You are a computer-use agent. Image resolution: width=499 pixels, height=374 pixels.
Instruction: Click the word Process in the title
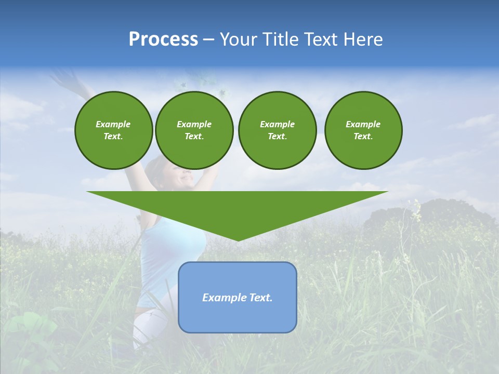point(163,39)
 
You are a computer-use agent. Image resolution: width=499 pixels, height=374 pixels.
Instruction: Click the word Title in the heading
point(279,39)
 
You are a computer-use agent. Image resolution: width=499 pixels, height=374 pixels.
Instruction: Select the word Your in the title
point(239,39)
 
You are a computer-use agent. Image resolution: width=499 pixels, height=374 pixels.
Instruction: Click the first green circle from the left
point(113,130)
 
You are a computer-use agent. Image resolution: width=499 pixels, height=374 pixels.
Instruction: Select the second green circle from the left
point(194,130)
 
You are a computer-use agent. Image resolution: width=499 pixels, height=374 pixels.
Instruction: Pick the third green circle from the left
point(277,130)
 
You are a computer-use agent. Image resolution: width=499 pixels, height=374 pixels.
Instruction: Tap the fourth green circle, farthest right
point(363,130)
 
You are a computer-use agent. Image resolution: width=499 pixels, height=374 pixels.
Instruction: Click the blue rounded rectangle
point(237,317)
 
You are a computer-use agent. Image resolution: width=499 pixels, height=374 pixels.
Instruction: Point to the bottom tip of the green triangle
point(238,239)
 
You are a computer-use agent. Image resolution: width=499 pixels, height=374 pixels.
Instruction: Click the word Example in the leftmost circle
point(113,124)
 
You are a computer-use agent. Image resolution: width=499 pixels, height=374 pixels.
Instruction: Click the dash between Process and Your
point(208,39)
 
